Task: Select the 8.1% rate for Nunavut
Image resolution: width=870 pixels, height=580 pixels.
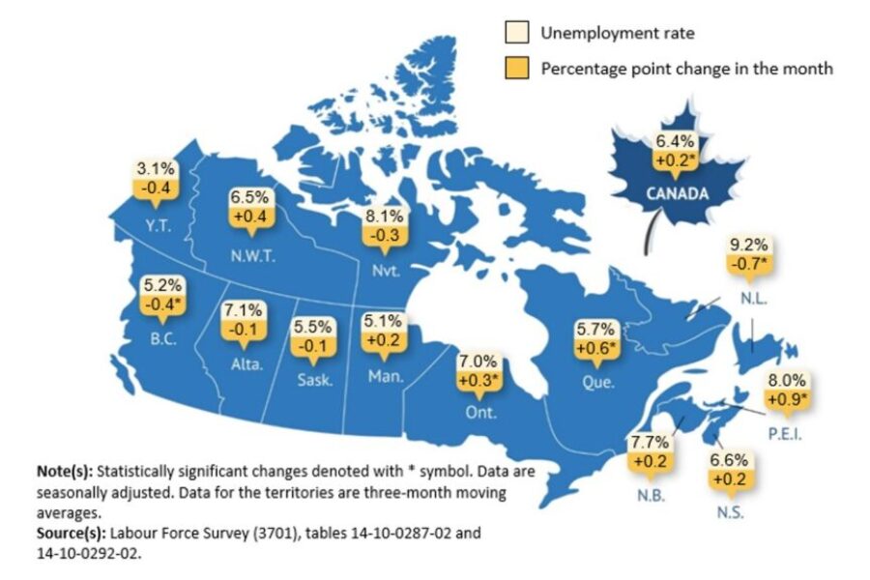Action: click(381, 217)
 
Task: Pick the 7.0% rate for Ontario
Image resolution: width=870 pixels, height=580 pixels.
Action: click(478, 361)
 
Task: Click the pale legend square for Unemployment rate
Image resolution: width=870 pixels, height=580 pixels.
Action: click(518, 34)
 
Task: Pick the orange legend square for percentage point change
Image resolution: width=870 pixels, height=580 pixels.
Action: click(518, 69)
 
